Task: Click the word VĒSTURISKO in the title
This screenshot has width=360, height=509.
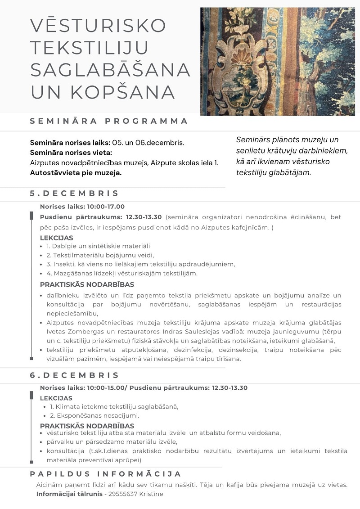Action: point(98,26)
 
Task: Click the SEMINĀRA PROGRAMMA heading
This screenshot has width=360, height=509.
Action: point(109,121)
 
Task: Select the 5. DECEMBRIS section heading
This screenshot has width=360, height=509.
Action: point(74,194)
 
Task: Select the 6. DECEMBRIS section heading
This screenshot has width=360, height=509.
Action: point(74,375)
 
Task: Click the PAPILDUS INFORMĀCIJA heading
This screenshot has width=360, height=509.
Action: point(106,474)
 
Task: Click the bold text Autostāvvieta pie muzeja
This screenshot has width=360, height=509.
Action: point(76,172)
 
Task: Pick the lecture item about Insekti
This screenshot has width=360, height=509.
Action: point(140,264)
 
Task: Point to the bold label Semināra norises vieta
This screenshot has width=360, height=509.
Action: point(70,153)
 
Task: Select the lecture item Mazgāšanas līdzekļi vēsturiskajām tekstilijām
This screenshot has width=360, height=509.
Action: point(122,273)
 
